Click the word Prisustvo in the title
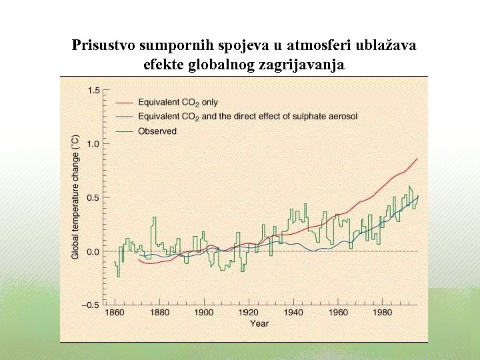click(x=103, y=46)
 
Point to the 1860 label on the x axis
click(x=115, y=313)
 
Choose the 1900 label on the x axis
click(x=204, y=313)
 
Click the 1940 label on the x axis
click(x=293, y=313)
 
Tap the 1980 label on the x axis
click(x=382, y=313)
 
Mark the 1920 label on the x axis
click(x=249, y=313)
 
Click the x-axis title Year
click(x=259, y=324)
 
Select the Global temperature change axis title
click(x=75, y=197)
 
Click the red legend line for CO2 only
click(x=125, y=103)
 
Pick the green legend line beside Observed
click(x=125, y=131)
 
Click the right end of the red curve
click(x=417, y=159)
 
